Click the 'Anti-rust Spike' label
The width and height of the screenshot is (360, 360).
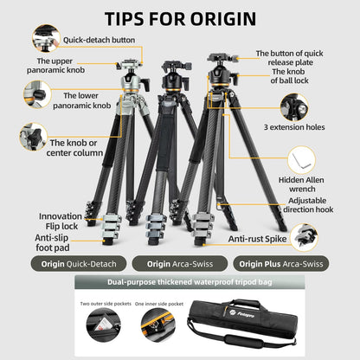[x=257, y=238]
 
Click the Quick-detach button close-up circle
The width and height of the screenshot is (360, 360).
[x=45, y=37]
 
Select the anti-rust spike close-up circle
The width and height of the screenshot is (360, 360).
[x=305, y=235]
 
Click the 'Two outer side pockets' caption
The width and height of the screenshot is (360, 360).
[x=106, y=304]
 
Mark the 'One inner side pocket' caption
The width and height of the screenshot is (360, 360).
[x=159, y=304]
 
